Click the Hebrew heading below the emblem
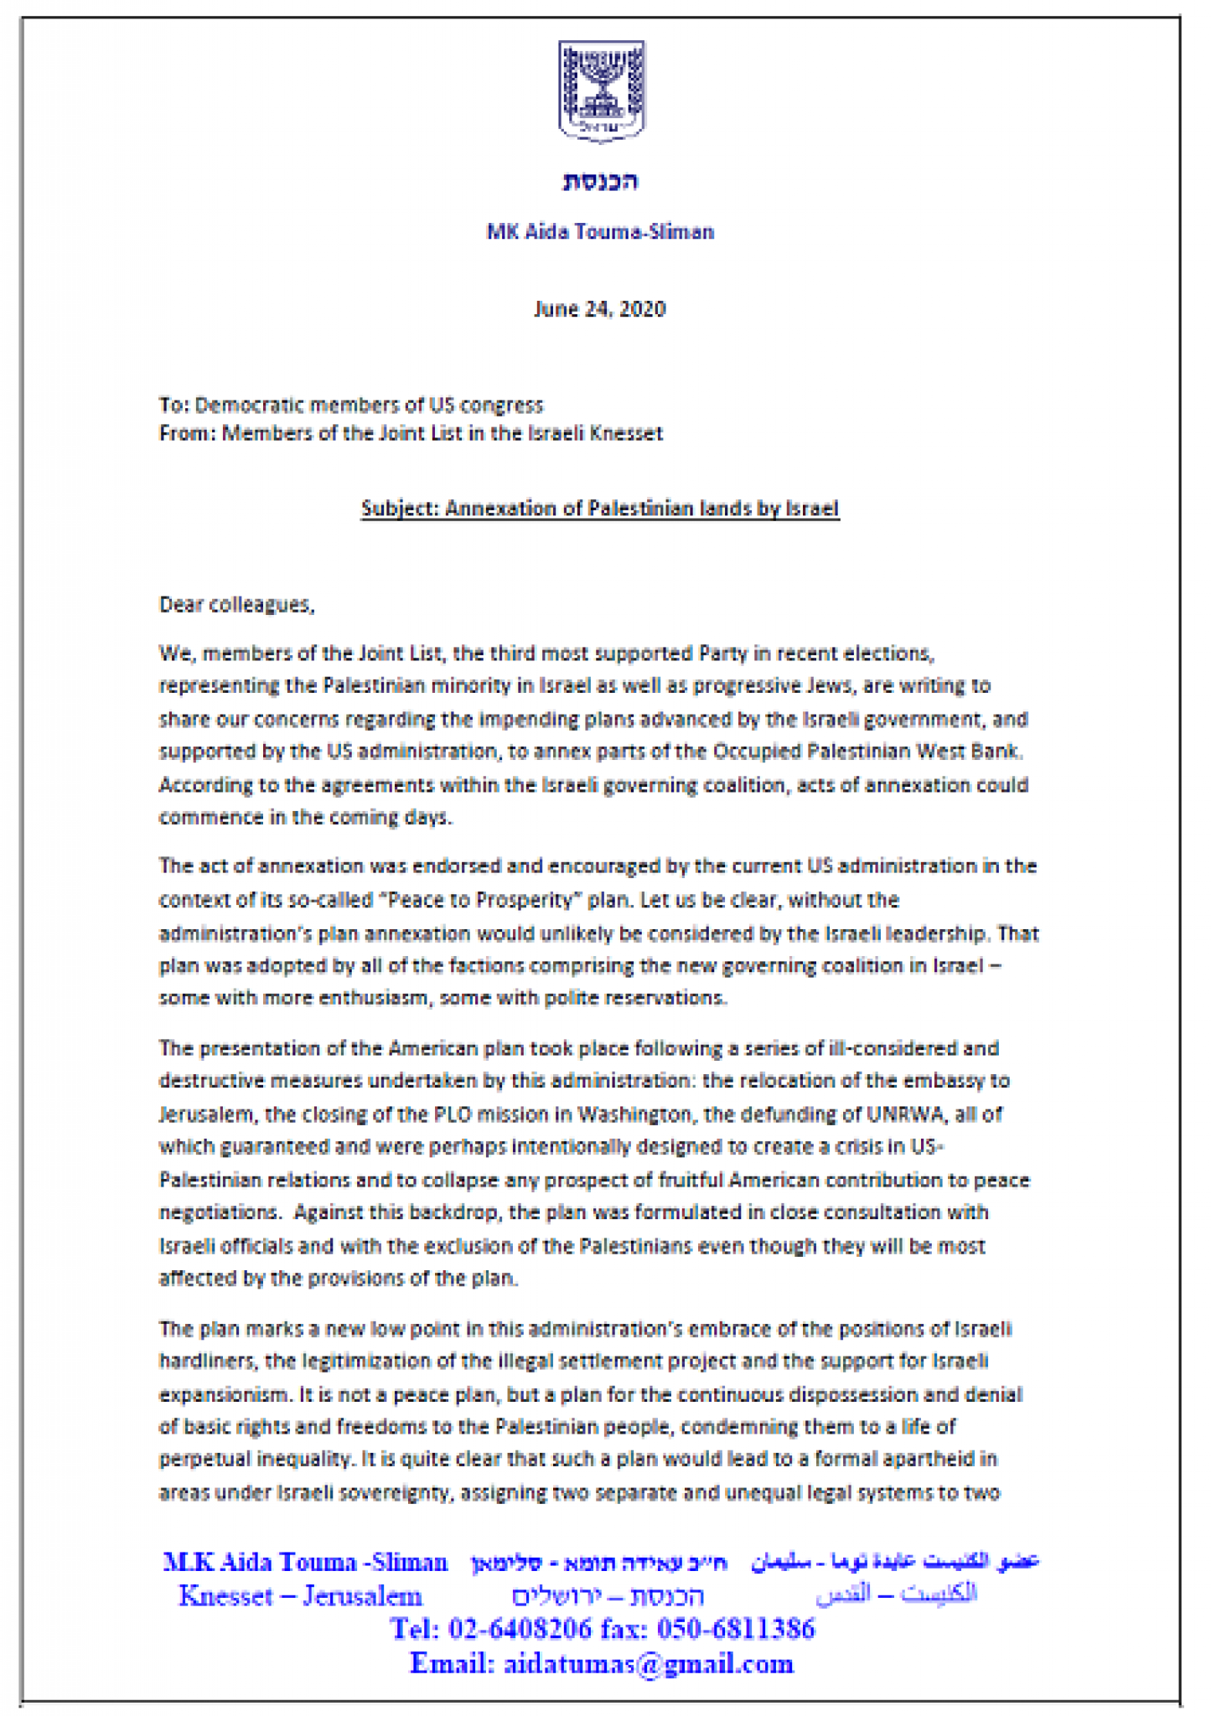[x=601, y=181]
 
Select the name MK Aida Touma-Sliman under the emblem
[x=600, y=232]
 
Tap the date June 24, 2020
[x=600, y=309]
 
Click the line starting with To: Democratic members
[x=351, y=406]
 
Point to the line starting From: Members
[x=411, y=433]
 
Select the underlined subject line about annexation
[x=600, y=509]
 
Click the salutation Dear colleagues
[x=237, y=604]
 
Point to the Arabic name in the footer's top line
[x=895, y=1562]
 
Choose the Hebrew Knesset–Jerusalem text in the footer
[x=608, y=1596]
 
